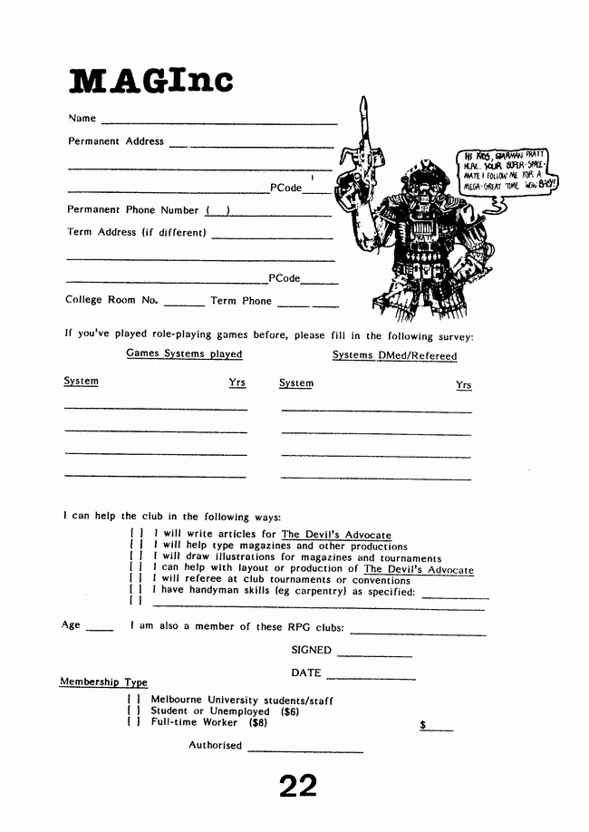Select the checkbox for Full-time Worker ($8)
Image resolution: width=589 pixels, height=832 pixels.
pos(133,722)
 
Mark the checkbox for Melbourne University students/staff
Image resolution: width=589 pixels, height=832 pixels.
pos(133,701)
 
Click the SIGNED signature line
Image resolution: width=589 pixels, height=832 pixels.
pos(374,654)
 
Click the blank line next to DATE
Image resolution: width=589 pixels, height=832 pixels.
pos(370,677)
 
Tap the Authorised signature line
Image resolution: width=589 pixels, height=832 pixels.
pos(304,750)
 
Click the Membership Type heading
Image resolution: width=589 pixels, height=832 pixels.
pos(103,682)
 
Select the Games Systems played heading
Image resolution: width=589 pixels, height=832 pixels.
pos(184,353)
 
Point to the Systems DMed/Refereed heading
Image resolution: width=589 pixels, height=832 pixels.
pos(394,355)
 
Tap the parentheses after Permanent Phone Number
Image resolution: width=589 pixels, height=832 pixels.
pos(217,211)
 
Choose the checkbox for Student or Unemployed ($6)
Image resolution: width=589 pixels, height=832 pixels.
pos(133,711)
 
